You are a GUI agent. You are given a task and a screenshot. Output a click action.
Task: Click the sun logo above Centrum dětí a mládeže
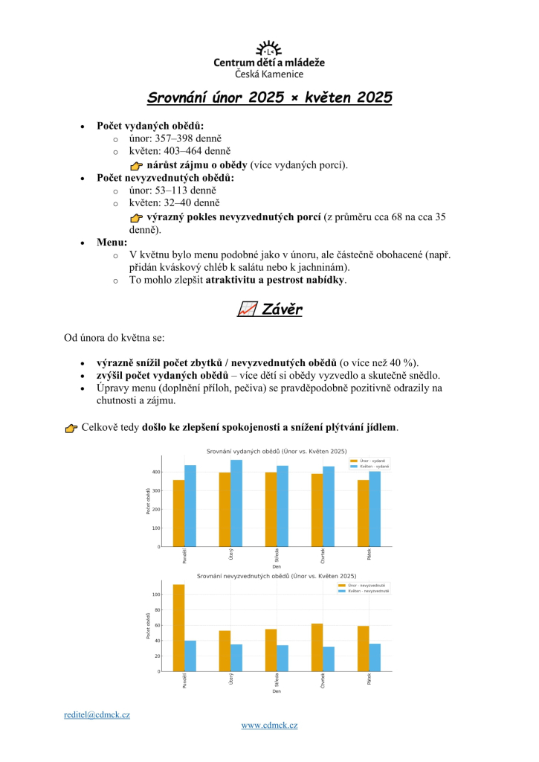tap(269, 50)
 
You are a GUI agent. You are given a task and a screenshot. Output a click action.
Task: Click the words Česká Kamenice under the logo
tap(269, 74)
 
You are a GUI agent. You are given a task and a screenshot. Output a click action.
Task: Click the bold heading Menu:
tap(112, 243)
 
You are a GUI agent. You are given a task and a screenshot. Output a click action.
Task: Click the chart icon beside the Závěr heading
tap(247, 310)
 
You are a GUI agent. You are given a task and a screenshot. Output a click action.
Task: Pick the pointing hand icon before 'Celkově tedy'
tap(71, 428)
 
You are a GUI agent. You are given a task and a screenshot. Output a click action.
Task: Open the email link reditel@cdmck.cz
tap(97, 714)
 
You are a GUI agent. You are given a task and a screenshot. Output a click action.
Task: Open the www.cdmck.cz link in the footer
tap(269, 725)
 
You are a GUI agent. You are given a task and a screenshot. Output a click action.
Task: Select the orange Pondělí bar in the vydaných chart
tap(178, 513)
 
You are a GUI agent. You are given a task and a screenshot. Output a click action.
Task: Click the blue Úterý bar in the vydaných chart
tap(236, 503)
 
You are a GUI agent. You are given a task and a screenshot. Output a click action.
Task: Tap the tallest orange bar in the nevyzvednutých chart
tap(178, 627)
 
